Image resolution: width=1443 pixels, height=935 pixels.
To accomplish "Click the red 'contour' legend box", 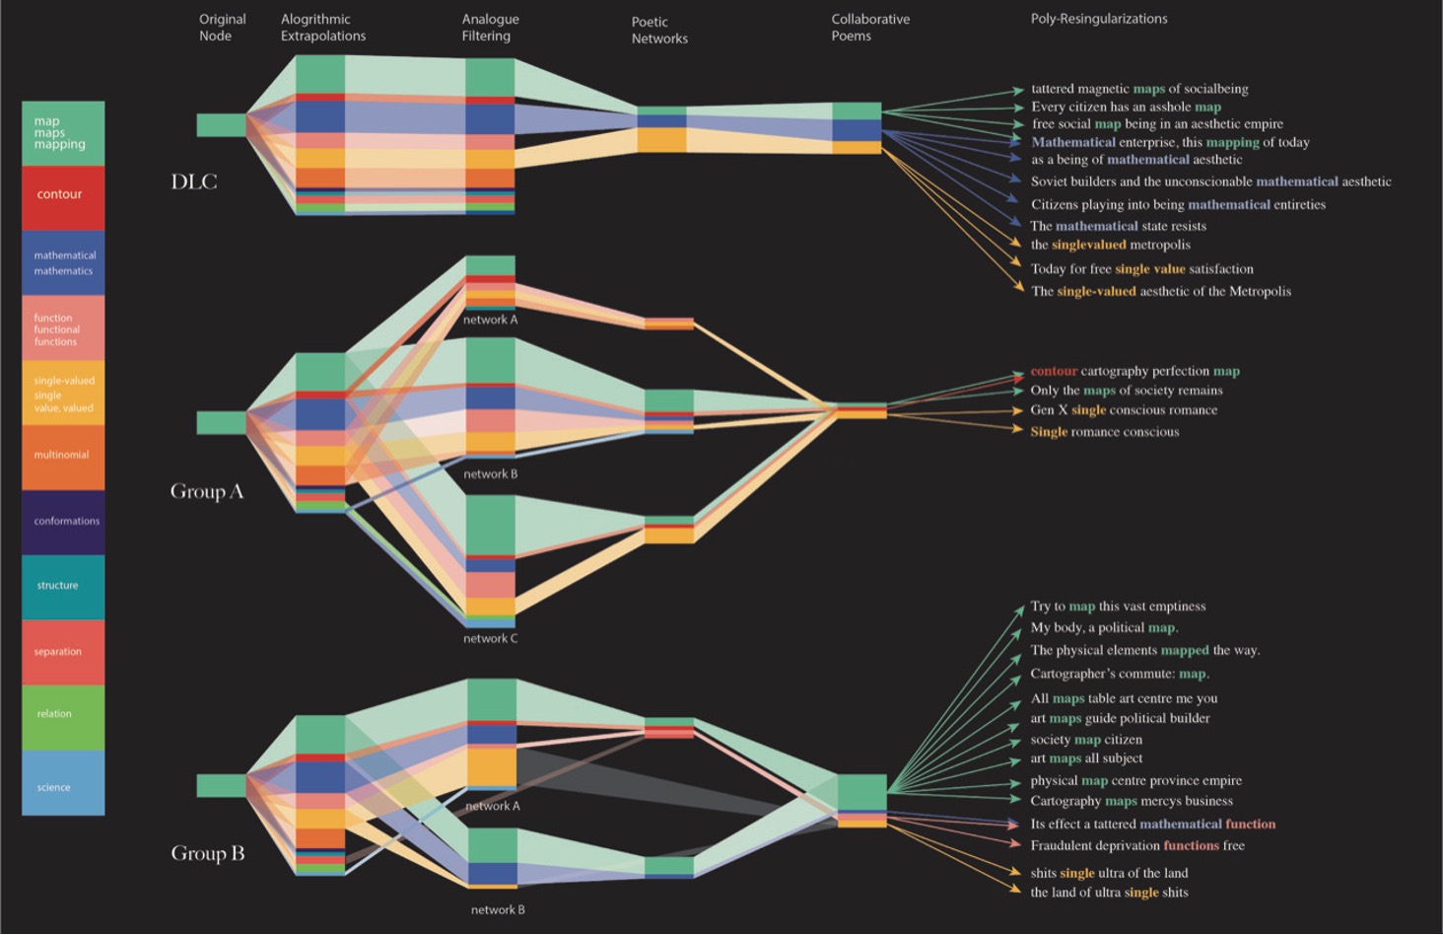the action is [63, 198].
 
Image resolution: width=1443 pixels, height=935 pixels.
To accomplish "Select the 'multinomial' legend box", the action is [63, 458].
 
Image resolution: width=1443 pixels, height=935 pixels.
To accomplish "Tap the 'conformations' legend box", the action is [63, 523].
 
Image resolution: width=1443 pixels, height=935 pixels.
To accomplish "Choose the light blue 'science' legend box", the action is [63, 783].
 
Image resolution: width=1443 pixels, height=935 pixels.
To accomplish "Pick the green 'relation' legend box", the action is [63, 717].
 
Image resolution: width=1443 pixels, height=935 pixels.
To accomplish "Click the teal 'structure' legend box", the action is [63, 588].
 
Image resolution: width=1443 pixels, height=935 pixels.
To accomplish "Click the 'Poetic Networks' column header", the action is [659, 31].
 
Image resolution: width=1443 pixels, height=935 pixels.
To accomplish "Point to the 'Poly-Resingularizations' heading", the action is [1099, 19].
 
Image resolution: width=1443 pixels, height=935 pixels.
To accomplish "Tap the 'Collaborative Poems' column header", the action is [870, 28].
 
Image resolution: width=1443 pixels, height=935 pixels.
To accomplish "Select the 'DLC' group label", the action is [194, 181].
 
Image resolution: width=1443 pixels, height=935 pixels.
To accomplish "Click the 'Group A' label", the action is [207, 491].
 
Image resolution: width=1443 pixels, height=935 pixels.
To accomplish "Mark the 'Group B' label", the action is [207, 853].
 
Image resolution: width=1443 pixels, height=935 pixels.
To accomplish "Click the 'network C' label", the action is [490, 638].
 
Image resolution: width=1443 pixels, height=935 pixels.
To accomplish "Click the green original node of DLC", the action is [221, 125].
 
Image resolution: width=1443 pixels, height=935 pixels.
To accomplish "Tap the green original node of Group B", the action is [221, 785].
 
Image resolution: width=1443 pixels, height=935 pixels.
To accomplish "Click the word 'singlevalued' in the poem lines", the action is [1089, 245].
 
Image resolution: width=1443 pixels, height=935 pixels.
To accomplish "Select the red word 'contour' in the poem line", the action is [1054, 371].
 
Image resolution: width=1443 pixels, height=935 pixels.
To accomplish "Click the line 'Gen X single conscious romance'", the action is [1124, 410].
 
